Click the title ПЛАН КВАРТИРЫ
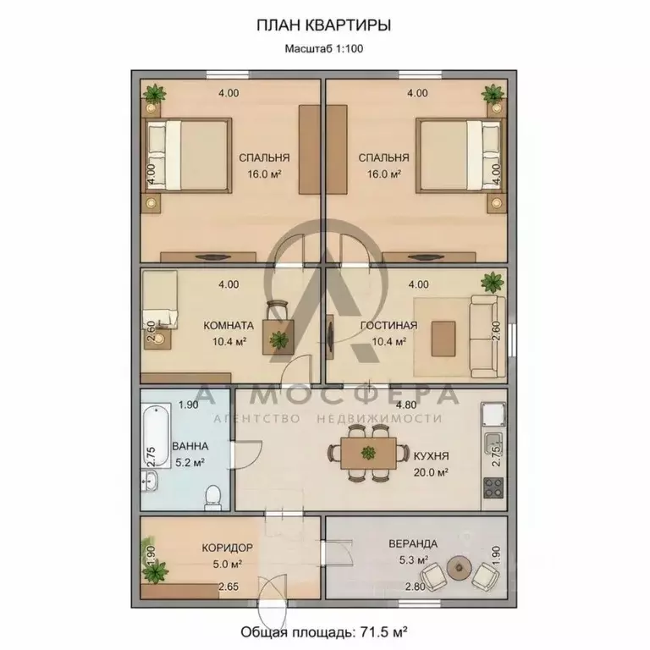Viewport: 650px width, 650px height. (324, 25)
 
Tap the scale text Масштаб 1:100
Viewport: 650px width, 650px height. (324, 48)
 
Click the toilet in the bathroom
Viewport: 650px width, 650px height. (212, 497)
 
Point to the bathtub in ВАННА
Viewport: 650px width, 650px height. (157, 435)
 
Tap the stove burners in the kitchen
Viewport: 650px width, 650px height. (493, 487)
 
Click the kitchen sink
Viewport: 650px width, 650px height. (493, 443)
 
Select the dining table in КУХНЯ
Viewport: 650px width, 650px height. (368, 454)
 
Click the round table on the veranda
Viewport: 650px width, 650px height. (460, 567)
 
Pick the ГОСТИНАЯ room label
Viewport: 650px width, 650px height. (388, 325)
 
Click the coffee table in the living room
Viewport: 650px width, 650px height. (443, 339)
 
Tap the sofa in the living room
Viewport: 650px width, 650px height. (487, 337)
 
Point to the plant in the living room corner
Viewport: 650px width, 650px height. (493, 283)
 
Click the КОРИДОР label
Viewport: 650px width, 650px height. (227, 548)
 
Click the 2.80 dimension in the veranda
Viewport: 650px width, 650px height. (416, 587)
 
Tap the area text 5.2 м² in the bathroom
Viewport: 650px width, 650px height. (190, 462)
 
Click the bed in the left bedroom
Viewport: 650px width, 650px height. (187, 155)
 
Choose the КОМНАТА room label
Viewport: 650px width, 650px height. (229, 325)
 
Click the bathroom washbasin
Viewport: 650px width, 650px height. (149, 481)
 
